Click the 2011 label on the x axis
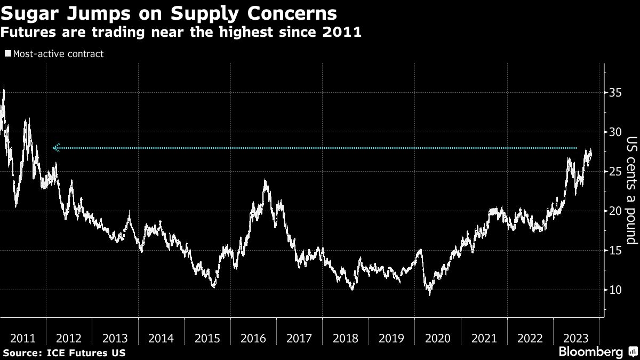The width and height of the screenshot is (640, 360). pyautogui.click(x=23, y=338)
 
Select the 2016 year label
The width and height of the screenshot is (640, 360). pyautogui.click(x=253, y=338)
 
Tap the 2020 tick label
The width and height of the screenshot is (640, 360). pyautogui.click(x=438, y=338)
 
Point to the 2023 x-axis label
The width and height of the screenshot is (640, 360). pyautogui.click(x=576, y=338)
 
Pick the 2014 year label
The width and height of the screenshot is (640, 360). pyautogui.click(x=161, y=338)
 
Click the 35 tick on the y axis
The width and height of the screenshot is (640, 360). pyautogui.click(x=616, y=92)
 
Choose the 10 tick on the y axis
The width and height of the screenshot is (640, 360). pyautogui.click(x=616, y=290)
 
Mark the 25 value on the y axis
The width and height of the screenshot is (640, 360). pyautogui.click(x=616, y=171)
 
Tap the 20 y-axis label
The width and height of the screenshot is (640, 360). pyautogui.click(x=616, y=211)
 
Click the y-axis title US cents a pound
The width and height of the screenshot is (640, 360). pyautogui.click(x=631, y=191)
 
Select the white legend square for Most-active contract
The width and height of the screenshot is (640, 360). pyautogui.click(x=7, y=54)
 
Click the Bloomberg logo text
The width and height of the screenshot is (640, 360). pyautogui.click(x=590, y=352)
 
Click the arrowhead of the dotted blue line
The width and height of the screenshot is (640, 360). pyautogui.click(x=56, y=148)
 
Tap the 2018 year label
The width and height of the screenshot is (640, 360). pyautogui.click(x=346, y=338)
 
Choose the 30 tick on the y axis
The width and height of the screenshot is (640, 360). pyautogui.click(x=616, y=132)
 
